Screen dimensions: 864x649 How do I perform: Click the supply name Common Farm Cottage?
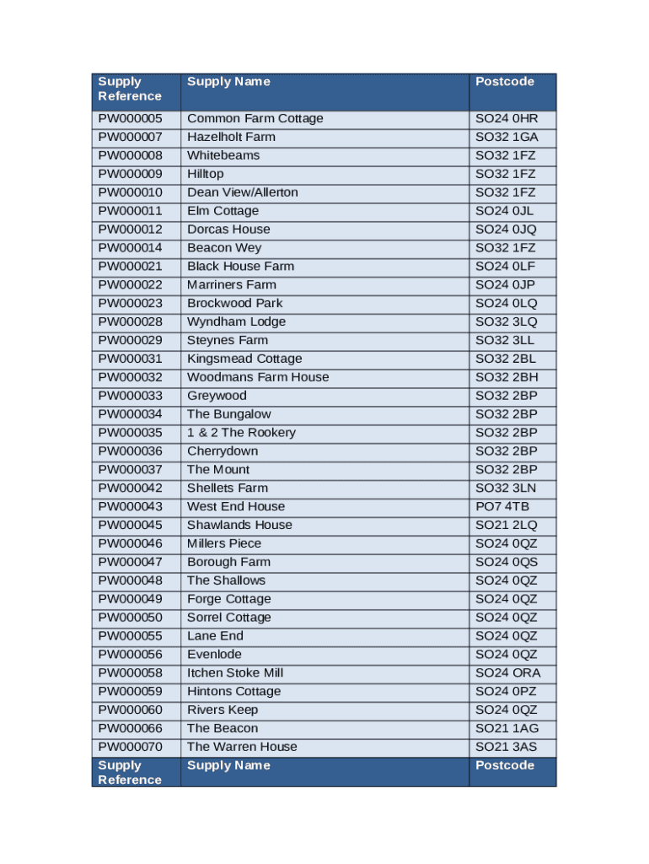[255, 119]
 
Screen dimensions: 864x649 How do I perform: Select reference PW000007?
[130, 138]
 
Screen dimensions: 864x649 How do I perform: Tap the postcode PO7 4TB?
[502, 507]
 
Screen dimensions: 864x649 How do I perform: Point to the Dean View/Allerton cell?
[242, 192]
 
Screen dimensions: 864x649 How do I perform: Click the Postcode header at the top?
[505, 82]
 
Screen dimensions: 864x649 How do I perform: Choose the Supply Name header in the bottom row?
[228, 765]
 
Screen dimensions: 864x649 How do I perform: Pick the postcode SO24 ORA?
[507, 673]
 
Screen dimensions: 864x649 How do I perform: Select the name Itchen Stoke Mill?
[234, 673]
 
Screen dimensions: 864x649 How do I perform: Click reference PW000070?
[130, 747]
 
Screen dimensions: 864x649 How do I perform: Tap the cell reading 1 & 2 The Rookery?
[241, 433]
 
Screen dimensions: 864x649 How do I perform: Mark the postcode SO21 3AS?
[506, 747]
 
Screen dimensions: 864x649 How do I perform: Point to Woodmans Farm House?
[258, 377]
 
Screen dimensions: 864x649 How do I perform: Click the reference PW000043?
[130, 507]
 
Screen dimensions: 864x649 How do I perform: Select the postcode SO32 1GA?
[507, 138]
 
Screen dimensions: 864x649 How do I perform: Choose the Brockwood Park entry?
[234, 304]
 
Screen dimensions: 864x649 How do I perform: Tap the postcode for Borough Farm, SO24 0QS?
[506, 562]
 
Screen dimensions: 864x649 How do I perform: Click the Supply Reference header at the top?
[130, 89]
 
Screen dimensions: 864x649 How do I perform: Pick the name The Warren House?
[242, 747]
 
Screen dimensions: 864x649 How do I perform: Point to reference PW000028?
[130, 322]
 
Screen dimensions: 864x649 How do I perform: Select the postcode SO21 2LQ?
[506, 526]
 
